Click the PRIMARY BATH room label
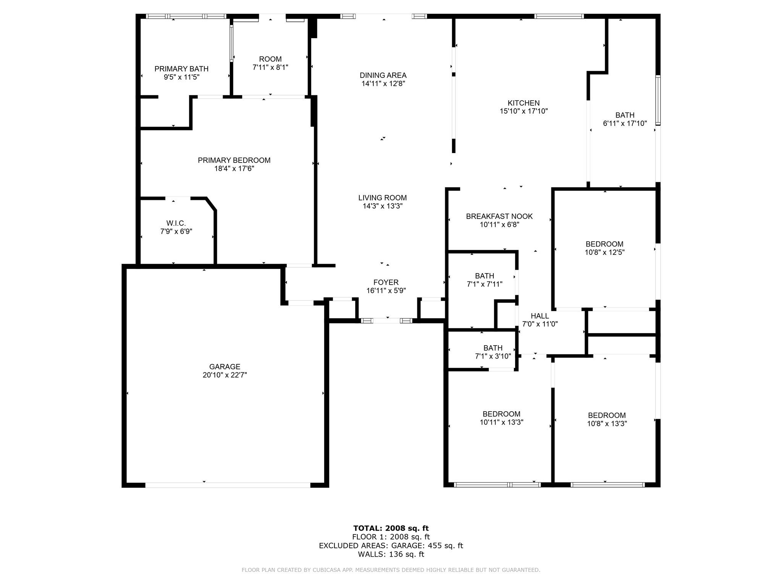click(181, 69)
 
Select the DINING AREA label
click(383, 76)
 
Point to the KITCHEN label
click(523, 103)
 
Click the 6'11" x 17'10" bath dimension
click(625, 123)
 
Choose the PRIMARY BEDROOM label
click(234, 161)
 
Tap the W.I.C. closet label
click(176, 223)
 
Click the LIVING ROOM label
click(383, 198)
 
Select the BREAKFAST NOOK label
click(499, 216)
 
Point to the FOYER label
click(386, 282)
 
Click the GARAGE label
click(225, 367)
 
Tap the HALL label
click(540, 316)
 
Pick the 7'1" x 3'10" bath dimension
click(493, 356)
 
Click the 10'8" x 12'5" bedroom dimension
click(604, 252)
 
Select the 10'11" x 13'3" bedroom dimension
click(501, 422)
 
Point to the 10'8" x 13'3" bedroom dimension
click(607, 423)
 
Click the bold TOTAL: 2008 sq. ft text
click(391, 528)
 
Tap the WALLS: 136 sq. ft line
click(391, 554)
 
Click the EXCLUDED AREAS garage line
click(391, 546)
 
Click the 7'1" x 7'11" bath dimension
click(485, 284)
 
